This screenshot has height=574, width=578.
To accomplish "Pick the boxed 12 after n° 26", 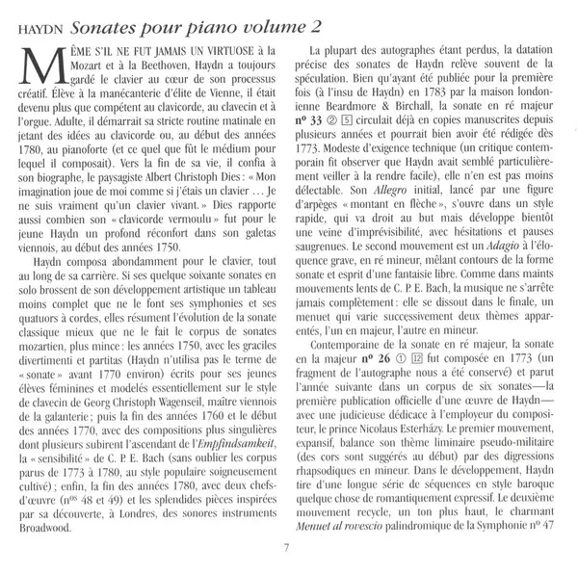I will coord(417,358).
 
